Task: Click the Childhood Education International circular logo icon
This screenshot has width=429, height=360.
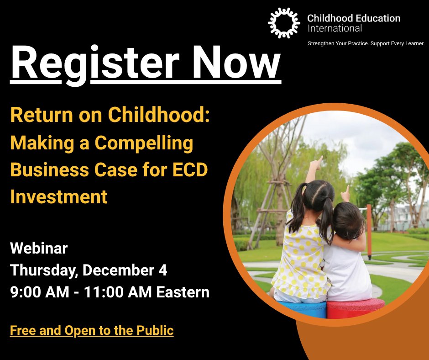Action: (284, 23)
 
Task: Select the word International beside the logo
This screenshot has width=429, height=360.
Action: (335, 28)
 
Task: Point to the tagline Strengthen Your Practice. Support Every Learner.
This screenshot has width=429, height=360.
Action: (366, 43)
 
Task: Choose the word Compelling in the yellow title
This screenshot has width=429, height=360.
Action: (144, 143)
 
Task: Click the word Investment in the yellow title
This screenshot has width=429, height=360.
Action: (59, 197)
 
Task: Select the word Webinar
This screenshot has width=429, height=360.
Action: (39, 249)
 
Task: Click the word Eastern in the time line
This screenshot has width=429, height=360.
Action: (183, 292)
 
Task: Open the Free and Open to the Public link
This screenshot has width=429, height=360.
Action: (92, 330)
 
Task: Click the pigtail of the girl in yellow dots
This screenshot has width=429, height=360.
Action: (294, 215)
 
